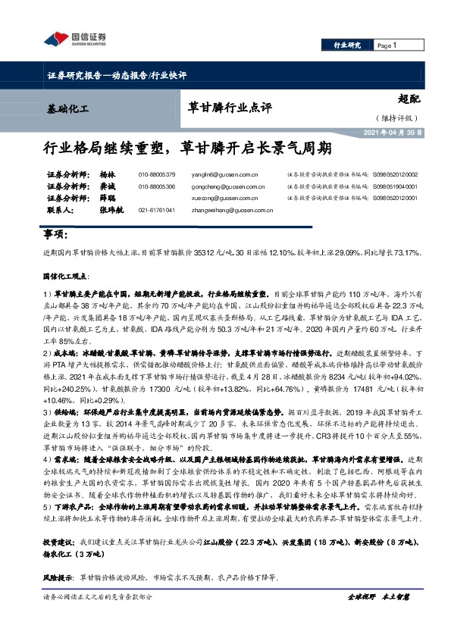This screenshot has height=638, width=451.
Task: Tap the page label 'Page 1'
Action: point(387,46)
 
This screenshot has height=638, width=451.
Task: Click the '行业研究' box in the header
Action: point(348,46)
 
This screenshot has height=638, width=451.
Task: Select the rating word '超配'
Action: point(409,98)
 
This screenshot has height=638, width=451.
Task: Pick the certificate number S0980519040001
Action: point(395,186)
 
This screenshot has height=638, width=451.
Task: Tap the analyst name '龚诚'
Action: point(107,186)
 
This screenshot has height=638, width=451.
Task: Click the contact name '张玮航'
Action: point(111,210)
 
